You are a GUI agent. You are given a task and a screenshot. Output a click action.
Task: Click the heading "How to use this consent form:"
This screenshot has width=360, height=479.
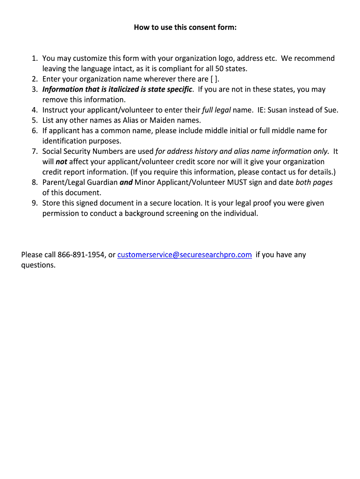click(x=185, y=28)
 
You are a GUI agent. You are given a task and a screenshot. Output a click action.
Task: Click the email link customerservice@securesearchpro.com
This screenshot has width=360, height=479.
click(x=185, y=255)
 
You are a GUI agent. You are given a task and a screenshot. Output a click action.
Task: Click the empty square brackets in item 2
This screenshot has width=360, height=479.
click(x=214, y=79)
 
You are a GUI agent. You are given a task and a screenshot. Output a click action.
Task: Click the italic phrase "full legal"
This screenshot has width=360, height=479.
click(x=216, y=110)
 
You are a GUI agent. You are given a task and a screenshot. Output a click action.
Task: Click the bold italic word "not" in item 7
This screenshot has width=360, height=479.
click(x=62, y=162)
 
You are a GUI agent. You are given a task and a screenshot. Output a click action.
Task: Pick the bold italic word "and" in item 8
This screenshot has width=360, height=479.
click(x=126, y=182)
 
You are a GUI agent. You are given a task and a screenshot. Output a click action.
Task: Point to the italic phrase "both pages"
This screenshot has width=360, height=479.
click(x=314, y=182)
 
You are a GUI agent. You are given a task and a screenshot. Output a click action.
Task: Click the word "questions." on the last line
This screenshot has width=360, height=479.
click(x=38, y=265)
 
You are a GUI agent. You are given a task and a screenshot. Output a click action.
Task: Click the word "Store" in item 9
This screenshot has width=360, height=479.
click(x=52, y=203)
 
